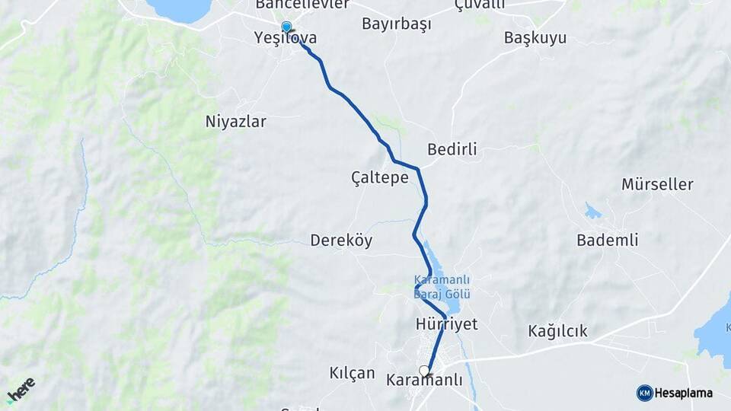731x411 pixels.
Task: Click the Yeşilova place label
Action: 286,38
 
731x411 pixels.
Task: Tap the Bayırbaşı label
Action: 396,24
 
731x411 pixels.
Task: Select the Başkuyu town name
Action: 535,38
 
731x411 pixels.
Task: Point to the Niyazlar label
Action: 236,121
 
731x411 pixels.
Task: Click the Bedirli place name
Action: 452,149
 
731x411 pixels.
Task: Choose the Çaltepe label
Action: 379,177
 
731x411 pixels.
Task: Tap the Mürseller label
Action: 657,184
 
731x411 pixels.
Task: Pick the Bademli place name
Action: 607,241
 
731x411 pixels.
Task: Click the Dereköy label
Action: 341,241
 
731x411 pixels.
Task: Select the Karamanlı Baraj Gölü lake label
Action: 442,286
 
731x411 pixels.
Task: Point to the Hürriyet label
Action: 446,324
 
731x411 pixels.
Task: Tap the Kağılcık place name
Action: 557,331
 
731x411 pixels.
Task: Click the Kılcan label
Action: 352,373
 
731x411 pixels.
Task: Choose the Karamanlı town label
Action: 424,380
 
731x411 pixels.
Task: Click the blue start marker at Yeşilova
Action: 286,27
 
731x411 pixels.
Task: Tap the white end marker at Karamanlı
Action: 424,371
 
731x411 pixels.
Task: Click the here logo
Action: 21,390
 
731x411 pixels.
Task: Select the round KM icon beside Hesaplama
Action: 644,393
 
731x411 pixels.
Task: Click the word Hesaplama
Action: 684,393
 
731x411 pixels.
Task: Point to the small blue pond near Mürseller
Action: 592,211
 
